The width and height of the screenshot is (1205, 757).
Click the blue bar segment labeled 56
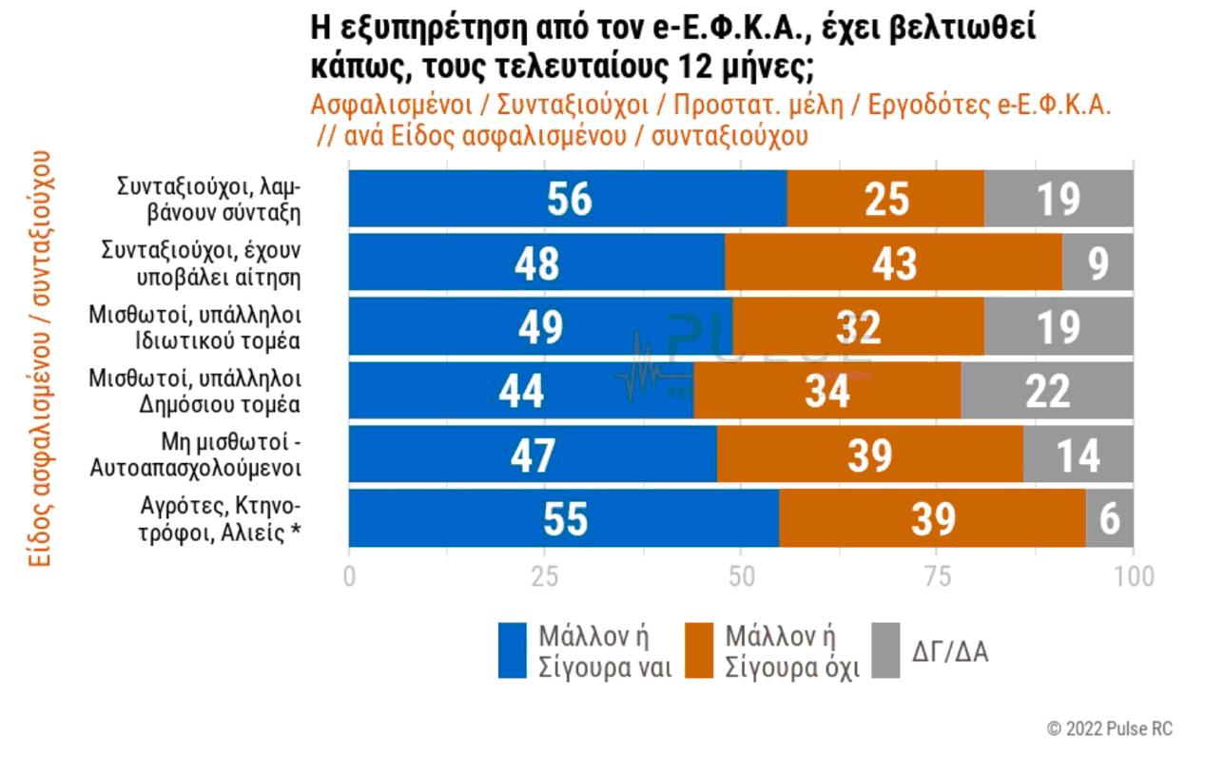(x=568, y=199)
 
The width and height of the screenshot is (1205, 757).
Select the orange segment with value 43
(x=893, y=262)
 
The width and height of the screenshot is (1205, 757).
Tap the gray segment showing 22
(x=1047, y=391)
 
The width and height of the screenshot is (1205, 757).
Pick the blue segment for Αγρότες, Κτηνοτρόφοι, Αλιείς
(x=564, y=518)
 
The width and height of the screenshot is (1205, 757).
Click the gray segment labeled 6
(x=1110, y=518)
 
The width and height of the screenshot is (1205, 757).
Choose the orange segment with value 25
(x=886, y=199)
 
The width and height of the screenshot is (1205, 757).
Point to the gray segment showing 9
(x=1098, y=262)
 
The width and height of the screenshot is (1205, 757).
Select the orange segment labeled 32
(x=858, y=327)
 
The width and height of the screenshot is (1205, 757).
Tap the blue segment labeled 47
(x=533, y=455)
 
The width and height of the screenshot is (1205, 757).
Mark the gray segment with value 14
(x=1078, y=455)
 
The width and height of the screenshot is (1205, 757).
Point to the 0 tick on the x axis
(x=349, y=576)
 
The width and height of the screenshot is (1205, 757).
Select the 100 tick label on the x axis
(x=1132, y=576)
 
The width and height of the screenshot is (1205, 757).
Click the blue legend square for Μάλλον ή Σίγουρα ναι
(x=513, y=651)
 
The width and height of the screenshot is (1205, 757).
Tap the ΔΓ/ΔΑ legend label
(x=950, y=651)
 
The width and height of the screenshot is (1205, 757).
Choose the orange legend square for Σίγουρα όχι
(x=699, y=651)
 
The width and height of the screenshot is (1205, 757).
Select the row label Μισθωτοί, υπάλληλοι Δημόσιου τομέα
(x=195, y=391)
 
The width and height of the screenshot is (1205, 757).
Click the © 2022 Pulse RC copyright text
(x=1110, y=728)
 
